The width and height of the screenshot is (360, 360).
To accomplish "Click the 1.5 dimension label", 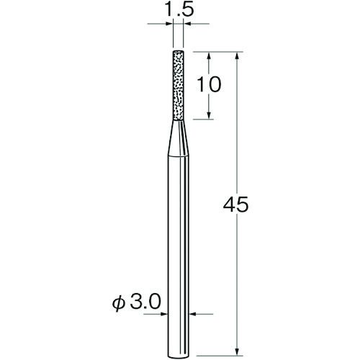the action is [x=179, y=10].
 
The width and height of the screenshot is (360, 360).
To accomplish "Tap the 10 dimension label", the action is [x=208, y=84].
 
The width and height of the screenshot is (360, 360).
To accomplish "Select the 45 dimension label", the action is [x=235, y=204].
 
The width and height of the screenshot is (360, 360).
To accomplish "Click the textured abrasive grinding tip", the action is [x=178, y=85].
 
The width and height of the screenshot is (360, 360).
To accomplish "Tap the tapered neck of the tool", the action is [x=179, y=138].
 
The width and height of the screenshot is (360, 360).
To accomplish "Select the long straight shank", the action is [x=179, y=256].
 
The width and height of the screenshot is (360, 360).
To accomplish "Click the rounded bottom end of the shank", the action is [x=179, y=356].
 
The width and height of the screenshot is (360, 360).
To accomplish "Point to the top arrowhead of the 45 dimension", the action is [x=237, y=56].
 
